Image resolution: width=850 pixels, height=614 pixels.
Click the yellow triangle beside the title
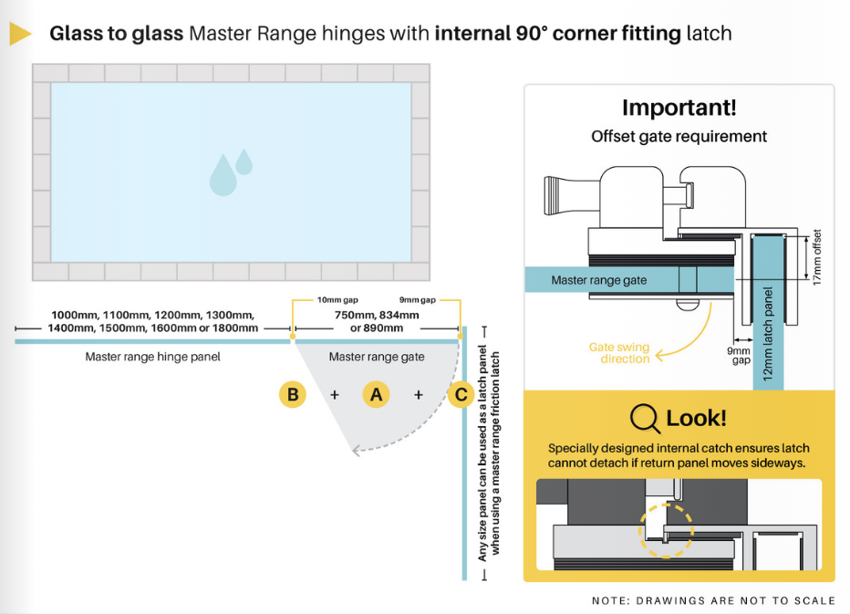tap(20, 35)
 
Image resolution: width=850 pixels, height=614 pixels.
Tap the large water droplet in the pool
tap(223, 175)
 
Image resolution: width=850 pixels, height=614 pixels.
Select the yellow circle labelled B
tap(293, 394)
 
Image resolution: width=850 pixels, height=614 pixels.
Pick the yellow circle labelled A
tap(376, 394)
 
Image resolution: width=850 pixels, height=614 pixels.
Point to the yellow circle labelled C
tap(461, 394)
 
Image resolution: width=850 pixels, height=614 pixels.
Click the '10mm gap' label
tap(337, 299)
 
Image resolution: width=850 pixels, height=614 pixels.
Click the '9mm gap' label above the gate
tap(420, 299)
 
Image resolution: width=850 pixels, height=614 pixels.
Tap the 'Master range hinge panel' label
tap(152, 357)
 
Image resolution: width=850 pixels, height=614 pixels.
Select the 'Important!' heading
tap(679, 108)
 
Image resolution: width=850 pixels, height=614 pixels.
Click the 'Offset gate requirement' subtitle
tap(679, 137)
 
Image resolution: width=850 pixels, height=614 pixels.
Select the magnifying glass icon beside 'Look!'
tap(645, 419)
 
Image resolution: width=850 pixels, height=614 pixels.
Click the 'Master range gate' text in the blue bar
tap(598, 280)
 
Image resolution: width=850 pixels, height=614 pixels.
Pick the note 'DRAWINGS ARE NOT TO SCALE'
tap(713, 600)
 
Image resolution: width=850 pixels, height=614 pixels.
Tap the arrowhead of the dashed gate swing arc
tap(359, 449)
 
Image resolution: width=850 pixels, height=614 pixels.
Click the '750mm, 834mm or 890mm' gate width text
tap(377, 321)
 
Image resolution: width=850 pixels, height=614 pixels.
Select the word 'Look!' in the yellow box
tap(697, 419)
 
